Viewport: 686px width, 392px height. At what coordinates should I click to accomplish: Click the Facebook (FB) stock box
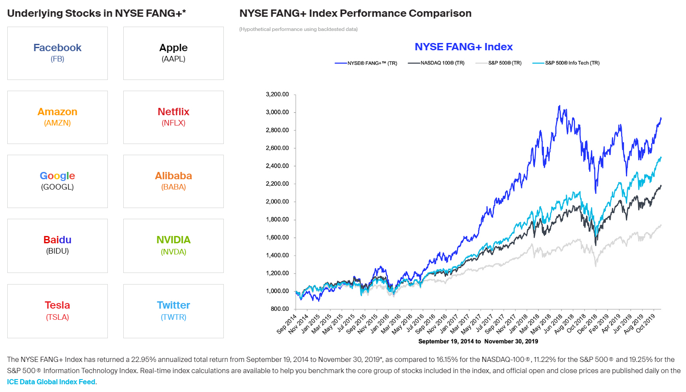[x=58, y=53]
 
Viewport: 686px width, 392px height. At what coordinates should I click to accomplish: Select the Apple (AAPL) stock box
[x=174, y=53]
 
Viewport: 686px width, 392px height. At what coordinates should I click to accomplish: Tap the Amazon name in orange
[x=58, y=112]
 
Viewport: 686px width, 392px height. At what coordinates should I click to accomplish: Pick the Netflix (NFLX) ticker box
[x=174, y=117]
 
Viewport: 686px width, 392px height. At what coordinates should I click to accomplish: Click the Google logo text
[x=58, y=176]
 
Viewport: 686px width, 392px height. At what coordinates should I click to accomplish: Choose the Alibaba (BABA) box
[x=174, y=181]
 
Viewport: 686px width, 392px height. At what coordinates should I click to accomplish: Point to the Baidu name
[x=58, y=240]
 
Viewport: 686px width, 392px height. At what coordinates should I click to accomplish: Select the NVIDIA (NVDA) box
[x=174, y=245]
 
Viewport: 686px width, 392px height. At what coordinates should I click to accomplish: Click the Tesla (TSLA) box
[x=58, y=311]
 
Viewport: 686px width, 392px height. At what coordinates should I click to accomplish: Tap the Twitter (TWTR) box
[x=174, y=311]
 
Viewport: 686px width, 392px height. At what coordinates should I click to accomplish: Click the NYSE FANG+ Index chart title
[x=463, y=47]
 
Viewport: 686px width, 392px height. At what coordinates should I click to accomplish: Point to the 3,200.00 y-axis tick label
[x=277, y=95]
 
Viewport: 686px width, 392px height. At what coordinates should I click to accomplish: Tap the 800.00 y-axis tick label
[x=280, y=309]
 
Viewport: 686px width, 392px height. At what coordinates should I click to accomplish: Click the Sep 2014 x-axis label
[x=287, y=324]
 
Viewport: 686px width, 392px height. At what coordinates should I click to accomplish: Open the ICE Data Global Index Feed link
[x=51, y=382]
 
